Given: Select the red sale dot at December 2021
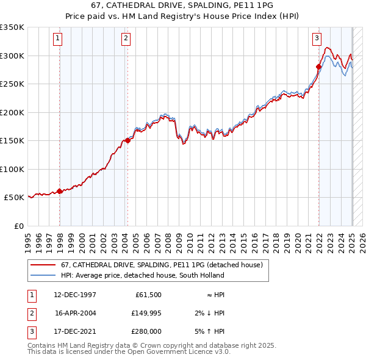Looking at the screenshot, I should point(318,67).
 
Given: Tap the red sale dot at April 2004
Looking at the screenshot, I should point(127,140).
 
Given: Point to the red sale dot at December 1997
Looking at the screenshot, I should point(60,190).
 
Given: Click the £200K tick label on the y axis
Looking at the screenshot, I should point(12,112).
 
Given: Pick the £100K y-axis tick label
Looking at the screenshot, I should point(12,169).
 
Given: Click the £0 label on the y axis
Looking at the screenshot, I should point(18,226).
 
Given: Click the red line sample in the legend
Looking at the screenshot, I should point(43,265).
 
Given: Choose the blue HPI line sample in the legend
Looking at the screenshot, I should point(43,276).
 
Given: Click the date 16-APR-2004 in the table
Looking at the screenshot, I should point(76,313).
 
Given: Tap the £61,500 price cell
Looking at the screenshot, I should point(148,294).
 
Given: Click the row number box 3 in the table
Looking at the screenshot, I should point(31,332).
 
